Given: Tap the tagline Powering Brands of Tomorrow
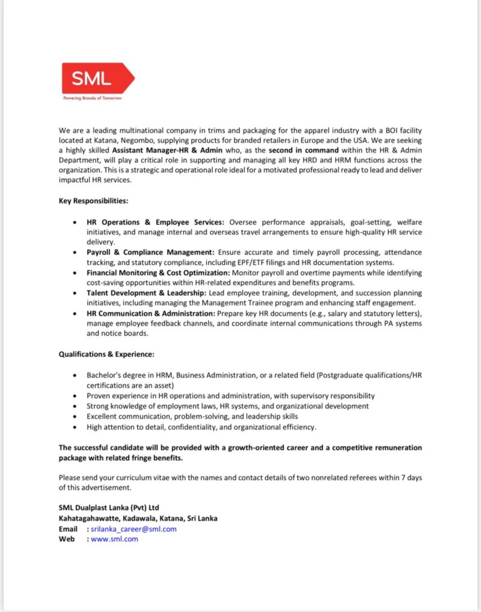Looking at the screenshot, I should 93,98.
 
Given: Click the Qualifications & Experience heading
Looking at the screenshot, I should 106,354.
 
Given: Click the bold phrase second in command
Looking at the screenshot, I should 304,150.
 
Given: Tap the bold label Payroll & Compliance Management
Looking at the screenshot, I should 150,253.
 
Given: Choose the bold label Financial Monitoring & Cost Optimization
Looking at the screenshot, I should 154,273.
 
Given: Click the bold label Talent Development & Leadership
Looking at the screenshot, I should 146,293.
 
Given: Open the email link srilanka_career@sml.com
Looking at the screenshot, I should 134,529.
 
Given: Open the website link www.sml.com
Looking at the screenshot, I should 115,539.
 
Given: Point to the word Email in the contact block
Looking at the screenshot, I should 68,529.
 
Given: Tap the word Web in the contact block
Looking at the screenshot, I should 66,539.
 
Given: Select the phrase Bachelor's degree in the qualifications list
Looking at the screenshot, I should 113,375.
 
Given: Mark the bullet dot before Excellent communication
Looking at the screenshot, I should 73,416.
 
